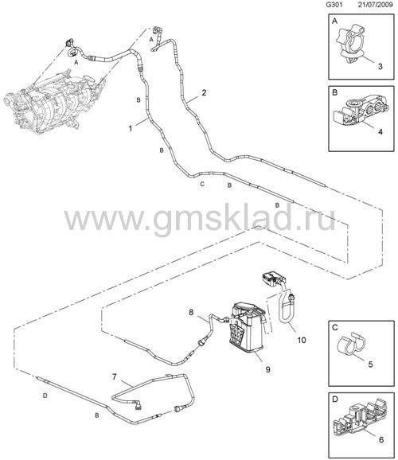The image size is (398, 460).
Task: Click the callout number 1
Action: (131, 128)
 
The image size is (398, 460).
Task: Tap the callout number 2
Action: (204, 92)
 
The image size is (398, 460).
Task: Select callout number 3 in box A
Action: (380, 66)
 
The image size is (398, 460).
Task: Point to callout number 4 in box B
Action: (380, 132)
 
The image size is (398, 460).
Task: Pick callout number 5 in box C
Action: (370, 364)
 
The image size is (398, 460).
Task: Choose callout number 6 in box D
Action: (381, 439)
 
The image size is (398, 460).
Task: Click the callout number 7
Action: (115, 376)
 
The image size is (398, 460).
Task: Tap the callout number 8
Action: (191, 313)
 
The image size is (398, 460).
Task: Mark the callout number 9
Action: (267, 369)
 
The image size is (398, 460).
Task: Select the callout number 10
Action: (302, 340)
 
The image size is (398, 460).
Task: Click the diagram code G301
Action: (334, 5)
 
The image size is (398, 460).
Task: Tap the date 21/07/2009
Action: (376, 5)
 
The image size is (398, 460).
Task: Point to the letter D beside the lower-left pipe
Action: (45, 396)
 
